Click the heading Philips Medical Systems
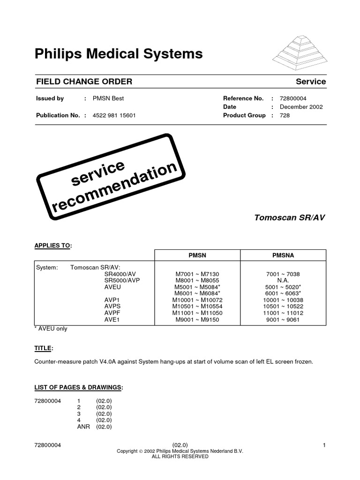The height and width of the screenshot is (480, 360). [119, 54]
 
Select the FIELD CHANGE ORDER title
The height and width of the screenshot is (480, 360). [84, 82]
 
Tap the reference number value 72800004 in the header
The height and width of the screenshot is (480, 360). [293, 98]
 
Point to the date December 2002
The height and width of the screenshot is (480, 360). [301, 107]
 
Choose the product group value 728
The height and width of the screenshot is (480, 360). [285, 115]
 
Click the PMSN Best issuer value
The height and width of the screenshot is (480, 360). [108, 98]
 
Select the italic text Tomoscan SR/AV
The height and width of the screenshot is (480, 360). [290, 217]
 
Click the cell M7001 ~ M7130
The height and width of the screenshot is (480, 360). [197, 274]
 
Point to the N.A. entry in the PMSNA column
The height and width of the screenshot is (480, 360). [283, 280]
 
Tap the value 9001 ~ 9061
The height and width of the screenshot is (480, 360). [283, 320]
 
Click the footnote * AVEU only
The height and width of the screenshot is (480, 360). [51, 329]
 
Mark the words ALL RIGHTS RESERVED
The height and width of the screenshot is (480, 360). [180, 456]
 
